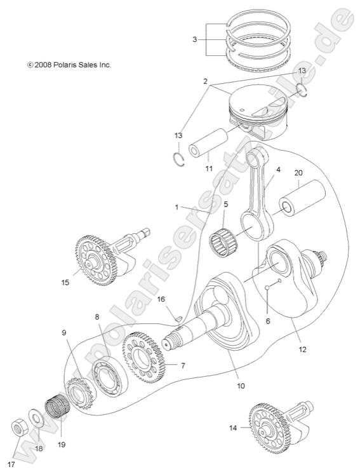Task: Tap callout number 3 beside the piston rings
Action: click(x=195, y=39)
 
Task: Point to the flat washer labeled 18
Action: click(x=37, y=421)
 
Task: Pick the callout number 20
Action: click(x=298, y=172)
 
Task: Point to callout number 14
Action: click(x=232, y=428)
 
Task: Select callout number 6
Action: click(x=268, y=322)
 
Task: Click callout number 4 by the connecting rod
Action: click(x=277, y=170)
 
